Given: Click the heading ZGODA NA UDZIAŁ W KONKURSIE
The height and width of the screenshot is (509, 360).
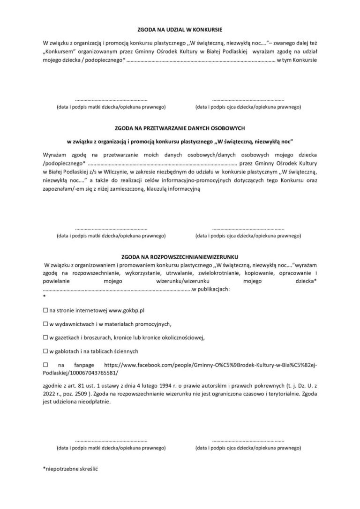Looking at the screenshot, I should coord(180,29).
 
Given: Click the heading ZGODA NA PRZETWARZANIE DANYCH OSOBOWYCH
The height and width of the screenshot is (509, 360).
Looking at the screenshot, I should coord(180,127).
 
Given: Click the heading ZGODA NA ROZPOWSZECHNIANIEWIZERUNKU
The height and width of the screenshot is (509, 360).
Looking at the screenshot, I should coord(180,257).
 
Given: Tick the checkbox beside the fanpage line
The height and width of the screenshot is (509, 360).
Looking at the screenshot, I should coord(45,364).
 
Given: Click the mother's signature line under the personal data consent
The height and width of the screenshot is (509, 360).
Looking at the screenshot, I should coord(111,228).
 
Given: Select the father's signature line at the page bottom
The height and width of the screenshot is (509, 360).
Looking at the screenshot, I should coord(248,441).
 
